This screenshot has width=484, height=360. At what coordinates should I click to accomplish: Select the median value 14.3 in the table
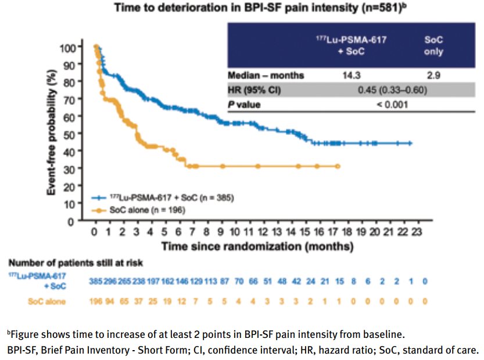[x=350, y=76]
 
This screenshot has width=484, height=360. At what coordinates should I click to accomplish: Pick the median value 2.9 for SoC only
[x=433, y=76]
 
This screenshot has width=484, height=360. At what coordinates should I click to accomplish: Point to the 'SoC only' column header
[x=433, y=46]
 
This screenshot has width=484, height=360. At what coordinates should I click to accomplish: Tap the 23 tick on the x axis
[x=417, y=232]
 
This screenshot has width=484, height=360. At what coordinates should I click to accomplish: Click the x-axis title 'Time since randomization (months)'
[x=257, y=246]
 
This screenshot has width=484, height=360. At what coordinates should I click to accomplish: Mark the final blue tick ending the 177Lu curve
[x=410, y=143]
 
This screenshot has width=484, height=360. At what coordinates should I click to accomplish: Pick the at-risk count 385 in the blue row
[x=96, y=281]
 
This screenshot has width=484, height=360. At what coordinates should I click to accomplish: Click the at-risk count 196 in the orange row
[x=96, y=301]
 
